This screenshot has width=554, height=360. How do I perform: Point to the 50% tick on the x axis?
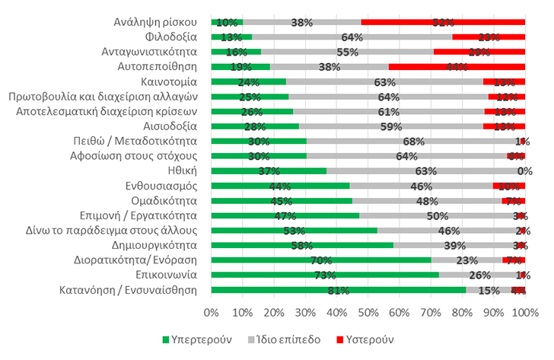[368, 312]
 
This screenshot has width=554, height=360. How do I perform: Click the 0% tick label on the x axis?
[212, 312]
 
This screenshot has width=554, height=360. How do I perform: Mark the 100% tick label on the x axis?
[524, 312]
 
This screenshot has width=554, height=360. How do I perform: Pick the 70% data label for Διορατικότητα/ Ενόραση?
[320, 260]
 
